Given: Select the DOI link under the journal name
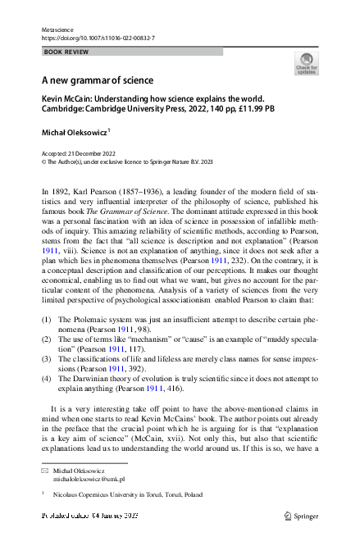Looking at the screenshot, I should coord(98,39).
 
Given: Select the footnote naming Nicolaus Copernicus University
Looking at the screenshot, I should coord(136,494).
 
